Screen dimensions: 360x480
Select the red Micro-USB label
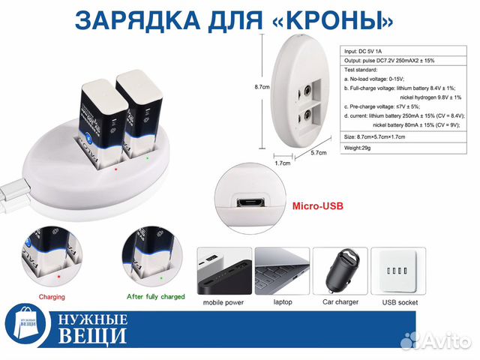tap(317, 205)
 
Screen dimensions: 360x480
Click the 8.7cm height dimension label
tap(262, 87)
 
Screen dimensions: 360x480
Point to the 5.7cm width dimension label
tap(318, 152)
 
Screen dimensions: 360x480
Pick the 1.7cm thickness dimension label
tap(283, 162)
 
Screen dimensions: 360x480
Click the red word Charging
tap(52, 297)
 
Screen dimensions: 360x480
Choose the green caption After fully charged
tap(155, 297)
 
